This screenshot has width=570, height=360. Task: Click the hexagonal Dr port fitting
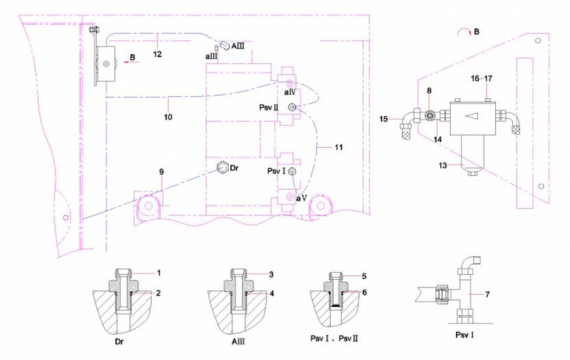(x=222, y=167)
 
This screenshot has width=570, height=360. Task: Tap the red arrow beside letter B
(x=131, y=62)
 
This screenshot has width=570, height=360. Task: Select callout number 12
(x=157, y=54)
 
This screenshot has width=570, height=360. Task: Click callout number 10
(x=168, y=117)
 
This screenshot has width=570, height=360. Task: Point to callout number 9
(x=162, y=171)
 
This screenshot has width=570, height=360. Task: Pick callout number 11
(x=339, y=147)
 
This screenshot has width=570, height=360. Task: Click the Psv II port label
(x=269, y=108)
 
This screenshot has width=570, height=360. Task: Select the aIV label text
(x=290, y=92)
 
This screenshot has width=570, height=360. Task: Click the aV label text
(x=302, y=198)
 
